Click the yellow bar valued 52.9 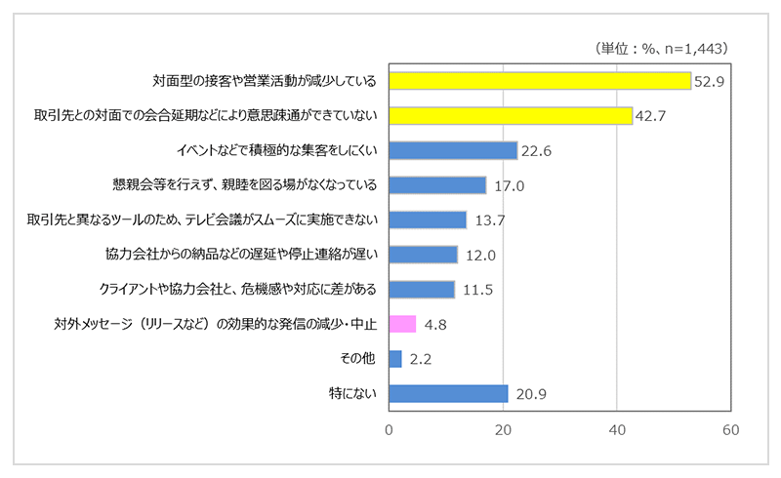[x=540, y=81]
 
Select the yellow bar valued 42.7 [x=511, y=116]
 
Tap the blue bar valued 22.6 [x=453, y=150]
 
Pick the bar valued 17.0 [x=437, y=185]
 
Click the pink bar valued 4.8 [x=402, y=324]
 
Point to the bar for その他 [x=395, y=359]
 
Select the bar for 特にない [x=448, y=393]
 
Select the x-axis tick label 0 [x=390, y=430]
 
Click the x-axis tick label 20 [x=504, y=430]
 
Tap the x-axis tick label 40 [x=617, y=430]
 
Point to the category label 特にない [x=355, y=393]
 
